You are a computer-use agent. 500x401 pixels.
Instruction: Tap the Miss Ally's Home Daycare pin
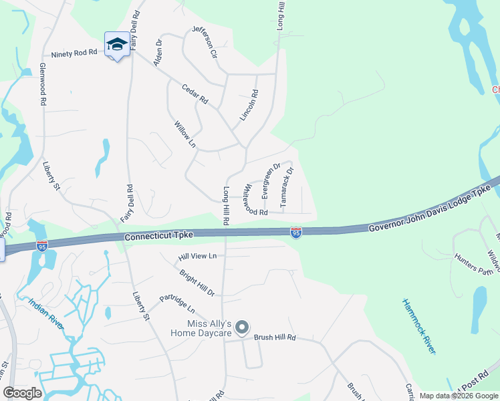click(242, 327)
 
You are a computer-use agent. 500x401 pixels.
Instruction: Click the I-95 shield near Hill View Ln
click(295, 232)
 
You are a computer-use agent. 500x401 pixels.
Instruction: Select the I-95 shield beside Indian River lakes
click(42, 246)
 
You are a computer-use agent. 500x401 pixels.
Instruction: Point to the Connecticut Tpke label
click(159, 236)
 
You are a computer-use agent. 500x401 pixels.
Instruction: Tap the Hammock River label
click(419, 325)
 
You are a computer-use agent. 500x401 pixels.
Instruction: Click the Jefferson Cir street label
click(205, 41)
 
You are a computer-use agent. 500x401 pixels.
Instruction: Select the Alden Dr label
click(158, 51)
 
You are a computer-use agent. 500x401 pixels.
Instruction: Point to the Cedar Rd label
click(195, 93)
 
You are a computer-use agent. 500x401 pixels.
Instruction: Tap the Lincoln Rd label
click(249, 106)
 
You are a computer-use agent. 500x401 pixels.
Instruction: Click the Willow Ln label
click(185, 134)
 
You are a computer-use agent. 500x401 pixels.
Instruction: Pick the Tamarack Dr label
click(286, 186)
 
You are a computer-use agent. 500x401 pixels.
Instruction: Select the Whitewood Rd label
click(256, 199)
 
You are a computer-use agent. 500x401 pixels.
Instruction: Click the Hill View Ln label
click(198, 256)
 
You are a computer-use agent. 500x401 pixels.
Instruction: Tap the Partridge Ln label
click(176, 304)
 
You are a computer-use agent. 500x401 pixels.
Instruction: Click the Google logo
click(23, 393)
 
